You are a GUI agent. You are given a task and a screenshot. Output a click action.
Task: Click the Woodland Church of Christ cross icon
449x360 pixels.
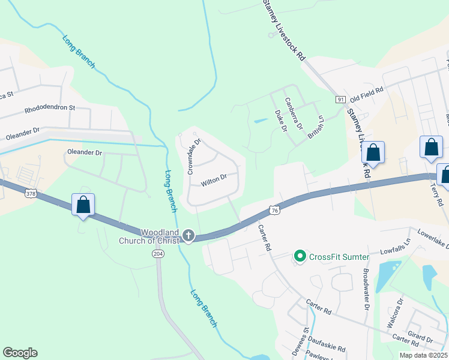coord(188,236)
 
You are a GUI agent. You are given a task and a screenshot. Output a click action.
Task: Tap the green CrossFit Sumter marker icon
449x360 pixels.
coord(300,257)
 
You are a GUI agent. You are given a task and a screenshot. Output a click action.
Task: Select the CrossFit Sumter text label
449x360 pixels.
coord(339,257)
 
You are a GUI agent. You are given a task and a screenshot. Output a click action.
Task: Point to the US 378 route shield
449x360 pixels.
coord(32,194)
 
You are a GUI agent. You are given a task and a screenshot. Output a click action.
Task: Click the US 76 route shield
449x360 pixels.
coord(274,210)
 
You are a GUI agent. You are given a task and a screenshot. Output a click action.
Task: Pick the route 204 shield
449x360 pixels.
coord(157,254)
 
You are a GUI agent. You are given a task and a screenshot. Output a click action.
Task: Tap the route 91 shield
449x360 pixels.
coord(340,99)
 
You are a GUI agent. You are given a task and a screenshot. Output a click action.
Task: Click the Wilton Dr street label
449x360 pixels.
coord(214,178)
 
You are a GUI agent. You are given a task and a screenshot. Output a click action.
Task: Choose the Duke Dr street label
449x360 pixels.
coord(280,120)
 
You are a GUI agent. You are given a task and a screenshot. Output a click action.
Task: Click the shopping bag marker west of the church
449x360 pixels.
coord(83,205)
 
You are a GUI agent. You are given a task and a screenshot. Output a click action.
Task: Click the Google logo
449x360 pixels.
coord(20,353)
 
